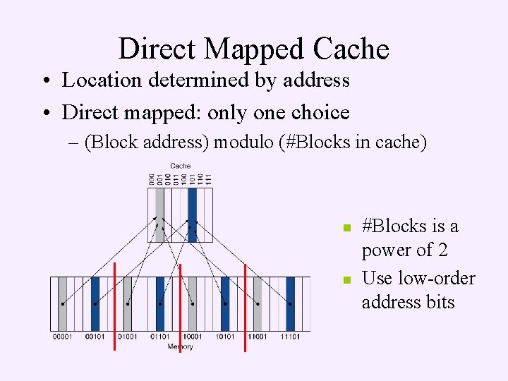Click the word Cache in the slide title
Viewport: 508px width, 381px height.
tap(351, 49)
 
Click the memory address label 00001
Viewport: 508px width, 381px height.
tap(62, 337)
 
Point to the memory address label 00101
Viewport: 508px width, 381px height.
tap(95, 337)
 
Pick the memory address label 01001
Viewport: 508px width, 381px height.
tap(127, 337)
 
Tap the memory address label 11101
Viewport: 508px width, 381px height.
tap(290, 337)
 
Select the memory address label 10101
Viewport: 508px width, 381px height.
tap(225, 337)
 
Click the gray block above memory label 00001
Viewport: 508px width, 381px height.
tap(62, 303)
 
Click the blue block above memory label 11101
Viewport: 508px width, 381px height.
tap(290, 303)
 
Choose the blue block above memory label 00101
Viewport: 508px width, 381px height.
tap(95, 303)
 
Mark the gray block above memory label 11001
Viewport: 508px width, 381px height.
tap(258, 303)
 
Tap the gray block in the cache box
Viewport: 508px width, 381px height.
tap(159, 214)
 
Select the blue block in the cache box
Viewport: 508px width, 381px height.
tap(192, 214)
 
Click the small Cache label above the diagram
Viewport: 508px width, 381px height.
tap(181, 167)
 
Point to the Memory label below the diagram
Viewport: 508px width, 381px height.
tap(181, 346)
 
